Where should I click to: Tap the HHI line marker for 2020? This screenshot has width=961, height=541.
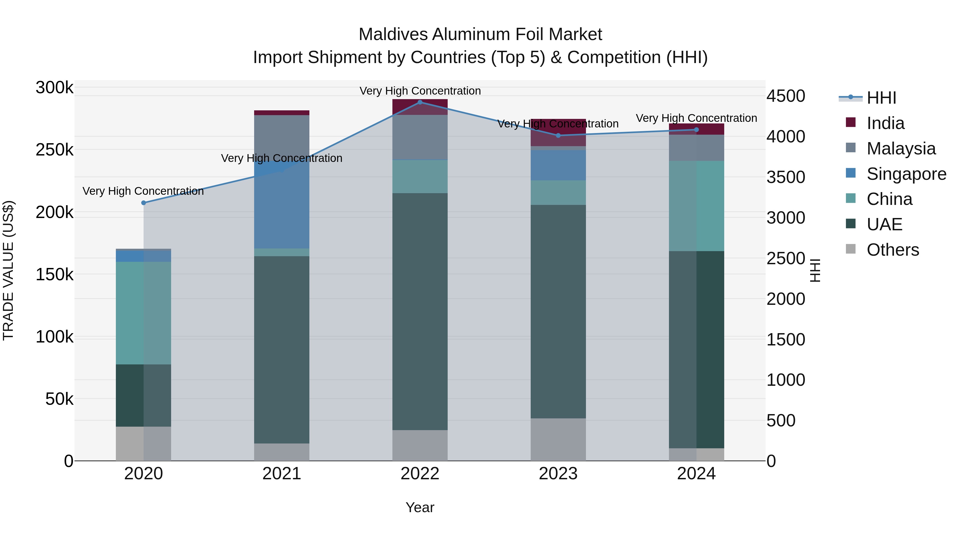coord(144,203)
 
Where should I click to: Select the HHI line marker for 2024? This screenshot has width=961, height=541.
coord(696,130)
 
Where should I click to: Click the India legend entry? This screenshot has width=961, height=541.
coord(885,123)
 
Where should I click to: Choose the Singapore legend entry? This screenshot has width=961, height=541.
coord(906,174)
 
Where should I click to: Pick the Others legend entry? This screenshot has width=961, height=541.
coord(892,250)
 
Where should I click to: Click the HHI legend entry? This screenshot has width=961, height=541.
coord(881,98)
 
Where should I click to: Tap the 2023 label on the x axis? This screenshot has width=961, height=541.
coord(558,474)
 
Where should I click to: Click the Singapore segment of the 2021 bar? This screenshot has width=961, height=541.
coord(282,205)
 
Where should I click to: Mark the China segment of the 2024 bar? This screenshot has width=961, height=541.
coord(696,206)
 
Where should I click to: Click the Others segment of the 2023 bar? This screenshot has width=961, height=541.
coord(558,439)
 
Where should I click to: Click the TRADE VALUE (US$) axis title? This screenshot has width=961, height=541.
coord(8,270)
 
